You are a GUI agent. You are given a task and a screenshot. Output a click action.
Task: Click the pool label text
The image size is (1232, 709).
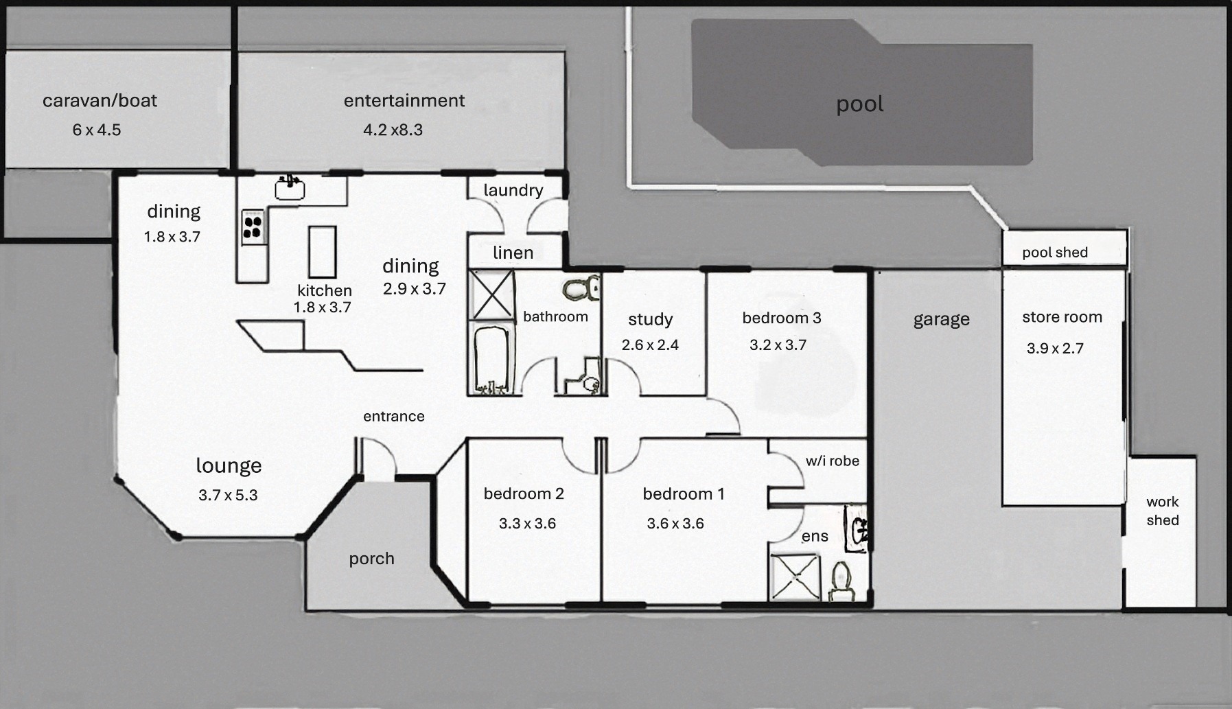[859, 105]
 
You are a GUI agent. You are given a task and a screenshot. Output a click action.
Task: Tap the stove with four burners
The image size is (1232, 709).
[253, 227]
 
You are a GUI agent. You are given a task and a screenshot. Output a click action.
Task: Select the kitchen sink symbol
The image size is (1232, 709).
[290, 187]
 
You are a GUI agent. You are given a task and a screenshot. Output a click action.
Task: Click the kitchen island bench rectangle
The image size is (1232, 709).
[322, 251]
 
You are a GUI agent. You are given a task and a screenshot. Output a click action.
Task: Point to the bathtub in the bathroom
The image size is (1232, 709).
[491, 360]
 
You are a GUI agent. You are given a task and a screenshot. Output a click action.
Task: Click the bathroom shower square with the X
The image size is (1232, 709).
[492, 295]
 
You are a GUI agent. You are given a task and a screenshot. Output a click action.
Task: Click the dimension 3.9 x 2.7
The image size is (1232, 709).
[1055, 349]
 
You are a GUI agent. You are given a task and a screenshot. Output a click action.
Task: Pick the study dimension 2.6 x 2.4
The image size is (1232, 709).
[650, 345]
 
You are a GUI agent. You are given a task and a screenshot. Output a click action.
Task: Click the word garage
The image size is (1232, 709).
[941, 320]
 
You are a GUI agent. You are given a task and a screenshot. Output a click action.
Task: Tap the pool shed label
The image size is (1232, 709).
[1055, 253]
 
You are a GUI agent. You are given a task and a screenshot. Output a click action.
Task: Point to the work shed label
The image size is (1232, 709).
[1163, 511]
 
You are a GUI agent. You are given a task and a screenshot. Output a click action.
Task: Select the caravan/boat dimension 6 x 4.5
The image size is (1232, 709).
[97, 130]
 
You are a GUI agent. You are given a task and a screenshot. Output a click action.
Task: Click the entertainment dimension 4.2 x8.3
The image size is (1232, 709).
[393, 130]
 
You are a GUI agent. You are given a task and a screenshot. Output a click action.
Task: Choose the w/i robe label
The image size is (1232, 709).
[832, 461]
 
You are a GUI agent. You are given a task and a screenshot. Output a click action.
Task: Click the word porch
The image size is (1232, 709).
[371, 559]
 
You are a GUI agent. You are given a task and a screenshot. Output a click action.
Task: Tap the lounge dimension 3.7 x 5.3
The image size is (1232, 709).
[228, 496]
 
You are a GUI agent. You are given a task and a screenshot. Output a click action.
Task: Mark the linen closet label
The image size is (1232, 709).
[513, 253]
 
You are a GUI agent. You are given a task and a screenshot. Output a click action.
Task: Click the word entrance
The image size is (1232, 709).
[394, 417]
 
